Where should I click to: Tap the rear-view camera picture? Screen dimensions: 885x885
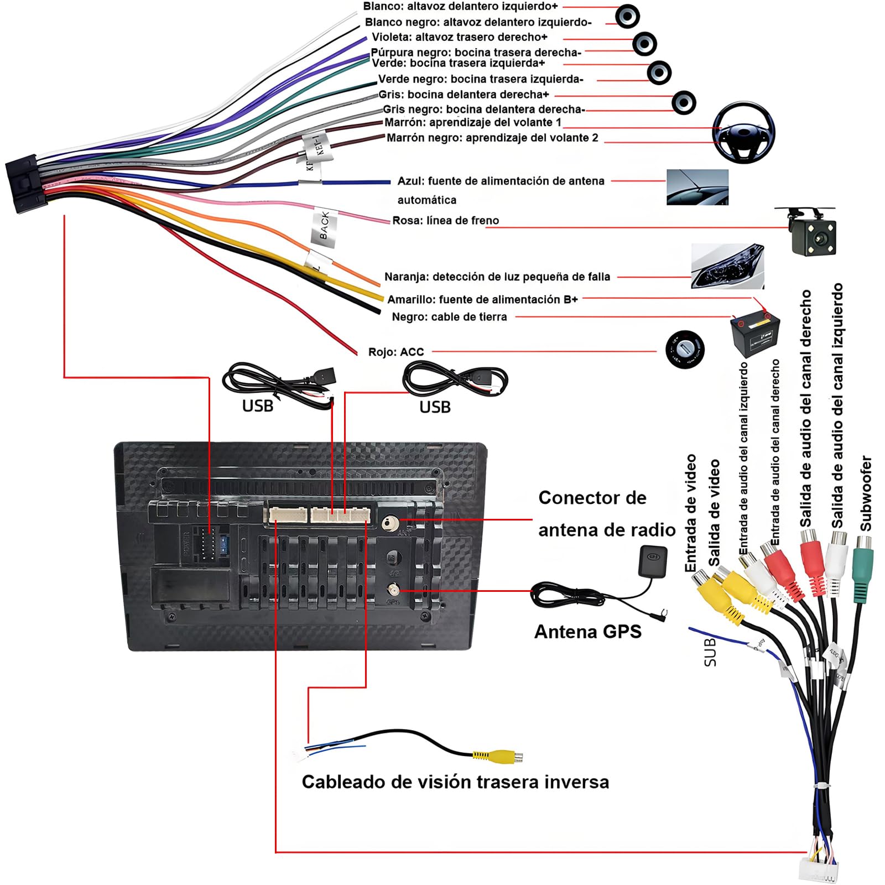810,232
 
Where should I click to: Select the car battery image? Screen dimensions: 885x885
755,334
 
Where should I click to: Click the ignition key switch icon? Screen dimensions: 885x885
685,350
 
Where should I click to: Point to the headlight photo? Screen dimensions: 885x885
727,267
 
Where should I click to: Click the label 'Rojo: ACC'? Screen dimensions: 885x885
396,352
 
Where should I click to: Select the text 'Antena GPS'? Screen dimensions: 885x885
587,632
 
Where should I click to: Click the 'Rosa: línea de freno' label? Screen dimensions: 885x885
445,221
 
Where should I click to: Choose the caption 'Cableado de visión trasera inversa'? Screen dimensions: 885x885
455,782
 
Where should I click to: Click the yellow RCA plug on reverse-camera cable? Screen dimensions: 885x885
498,756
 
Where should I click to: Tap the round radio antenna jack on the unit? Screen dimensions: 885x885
391,522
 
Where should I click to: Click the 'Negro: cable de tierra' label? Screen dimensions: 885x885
449,317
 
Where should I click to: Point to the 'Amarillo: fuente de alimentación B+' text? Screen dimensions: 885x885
482,300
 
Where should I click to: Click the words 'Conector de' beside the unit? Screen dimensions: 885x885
592,498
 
